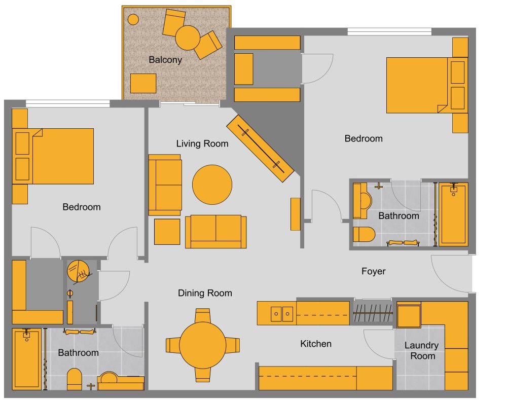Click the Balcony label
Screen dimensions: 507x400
165,60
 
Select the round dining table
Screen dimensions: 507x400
203,346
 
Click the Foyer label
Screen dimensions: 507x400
373,271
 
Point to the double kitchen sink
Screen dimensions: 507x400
281,314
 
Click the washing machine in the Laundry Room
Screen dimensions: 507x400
408,316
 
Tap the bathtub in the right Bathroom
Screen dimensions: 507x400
453,214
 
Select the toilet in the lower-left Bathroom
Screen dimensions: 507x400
74,379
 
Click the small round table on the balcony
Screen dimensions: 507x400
188,38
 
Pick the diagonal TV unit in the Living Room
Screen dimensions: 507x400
260,148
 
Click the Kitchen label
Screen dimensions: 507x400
316,344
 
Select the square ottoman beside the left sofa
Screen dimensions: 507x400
167,231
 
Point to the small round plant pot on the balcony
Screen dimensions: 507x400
133,19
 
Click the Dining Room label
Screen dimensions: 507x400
205,293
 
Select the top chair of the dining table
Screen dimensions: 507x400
203,316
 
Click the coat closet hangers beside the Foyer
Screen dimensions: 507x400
373,312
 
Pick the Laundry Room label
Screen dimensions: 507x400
421,350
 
